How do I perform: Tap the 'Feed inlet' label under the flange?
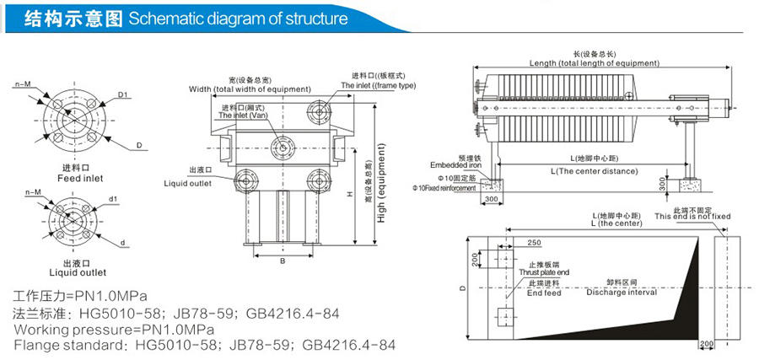[80, 179]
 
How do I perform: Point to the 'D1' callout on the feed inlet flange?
[122, 94]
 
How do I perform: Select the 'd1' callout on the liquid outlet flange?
[113, 200]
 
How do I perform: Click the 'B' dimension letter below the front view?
[283, 261]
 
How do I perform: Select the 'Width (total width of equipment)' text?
[249, 89]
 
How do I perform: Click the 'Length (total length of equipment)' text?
[595, 63]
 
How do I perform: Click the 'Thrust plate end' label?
[544, 274]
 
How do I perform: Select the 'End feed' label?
[544, 293]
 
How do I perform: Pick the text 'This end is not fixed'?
[691, 216]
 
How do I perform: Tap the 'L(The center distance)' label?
[594, 171]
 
